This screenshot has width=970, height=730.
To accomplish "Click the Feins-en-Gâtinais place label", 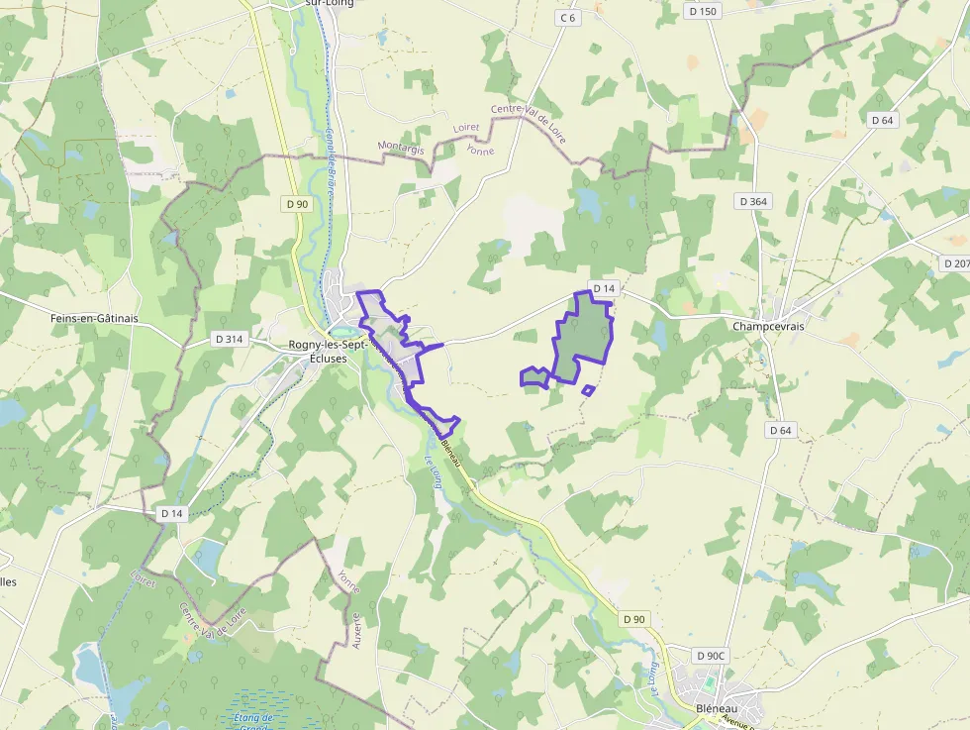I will (95, 319).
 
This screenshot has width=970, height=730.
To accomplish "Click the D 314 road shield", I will (229, 339).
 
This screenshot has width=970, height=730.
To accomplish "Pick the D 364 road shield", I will (753, 201).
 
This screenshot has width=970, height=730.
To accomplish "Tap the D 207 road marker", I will (956, 263).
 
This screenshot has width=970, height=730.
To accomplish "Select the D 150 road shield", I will (703, 11).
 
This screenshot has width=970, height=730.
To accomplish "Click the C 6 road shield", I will (567, 18).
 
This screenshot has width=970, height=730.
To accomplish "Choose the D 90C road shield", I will (711, 656).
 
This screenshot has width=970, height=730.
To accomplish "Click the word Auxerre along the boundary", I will (357, 630).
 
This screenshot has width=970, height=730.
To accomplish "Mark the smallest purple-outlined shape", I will (588, 390).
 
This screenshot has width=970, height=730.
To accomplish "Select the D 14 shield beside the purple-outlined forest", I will (604, 288).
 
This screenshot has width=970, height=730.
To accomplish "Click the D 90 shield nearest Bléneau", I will (634, 619).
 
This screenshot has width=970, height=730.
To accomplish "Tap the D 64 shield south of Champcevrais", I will (781, 430).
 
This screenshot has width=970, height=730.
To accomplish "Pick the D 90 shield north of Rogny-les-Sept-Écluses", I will (297, 204).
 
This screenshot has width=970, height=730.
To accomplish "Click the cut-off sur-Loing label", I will (326, 3).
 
